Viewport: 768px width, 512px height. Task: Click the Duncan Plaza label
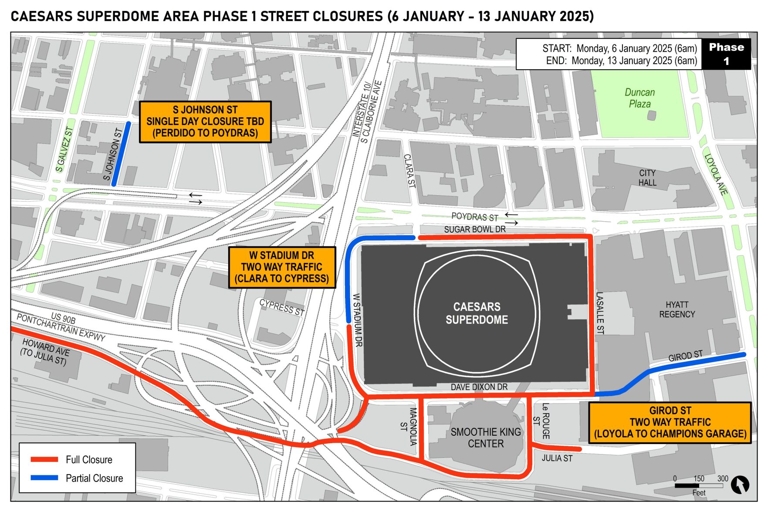coord(639,98)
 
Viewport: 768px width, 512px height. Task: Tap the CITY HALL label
coord(647,178)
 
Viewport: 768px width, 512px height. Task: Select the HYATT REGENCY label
coord(677,309)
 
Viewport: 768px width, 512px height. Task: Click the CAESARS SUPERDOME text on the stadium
coord(477,313)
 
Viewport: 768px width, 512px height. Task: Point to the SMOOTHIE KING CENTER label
coord(485,437)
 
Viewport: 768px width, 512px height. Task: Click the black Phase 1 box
coord(726,54)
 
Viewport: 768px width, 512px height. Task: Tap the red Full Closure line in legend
coord(44,459)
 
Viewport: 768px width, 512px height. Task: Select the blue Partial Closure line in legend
coord(44,478)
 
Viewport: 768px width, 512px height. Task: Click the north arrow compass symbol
coord(739,484)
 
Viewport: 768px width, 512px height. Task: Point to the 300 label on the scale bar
coord(722,478)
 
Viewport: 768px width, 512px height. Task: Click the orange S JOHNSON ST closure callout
coord(205,122)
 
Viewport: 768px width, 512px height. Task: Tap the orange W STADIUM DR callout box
coord(282,267)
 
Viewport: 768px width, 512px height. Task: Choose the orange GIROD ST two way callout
coord(670,422)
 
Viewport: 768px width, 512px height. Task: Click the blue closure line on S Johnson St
coord(121,154)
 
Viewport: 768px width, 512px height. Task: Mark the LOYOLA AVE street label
coord(716,174)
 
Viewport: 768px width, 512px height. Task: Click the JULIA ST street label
coord(557,458)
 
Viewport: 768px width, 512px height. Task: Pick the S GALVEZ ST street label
coord(64,149)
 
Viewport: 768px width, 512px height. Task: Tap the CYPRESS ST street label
coord(281,307)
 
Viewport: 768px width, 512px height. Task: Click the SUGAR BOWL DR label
coord(474,229)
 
